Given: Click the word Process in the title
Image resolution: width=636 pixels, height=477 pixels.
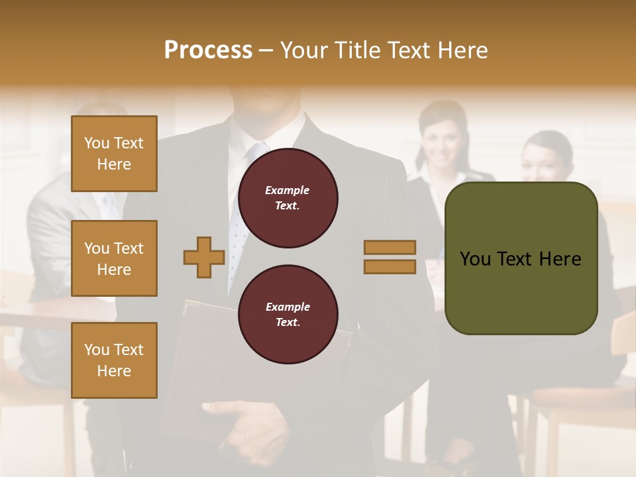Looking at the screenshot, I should click(208, 50).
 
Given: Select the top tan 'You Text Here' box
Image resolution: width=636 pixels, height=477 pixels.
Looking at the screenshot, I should click(114, 154).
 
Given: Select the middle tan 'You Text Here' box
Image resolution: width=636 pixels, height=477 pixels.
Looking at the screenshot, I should click(114, 258).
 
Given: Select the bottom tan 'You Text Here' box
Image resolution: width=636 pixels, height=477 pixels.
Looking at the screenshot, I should click(114, 360).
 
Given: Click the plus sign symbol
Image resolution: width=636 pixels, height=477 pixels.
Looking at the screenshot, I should click(204, 257).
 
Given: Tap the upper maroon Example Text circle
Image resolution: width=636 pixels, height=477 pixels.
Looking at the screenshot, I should click(288, 197).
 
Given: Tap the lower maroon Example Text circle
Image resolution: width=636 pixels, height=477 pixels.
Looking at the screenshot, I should click(288, 314).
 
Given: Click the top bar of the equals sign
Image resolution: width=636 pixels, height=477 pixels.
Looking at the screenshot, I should click(390, 247).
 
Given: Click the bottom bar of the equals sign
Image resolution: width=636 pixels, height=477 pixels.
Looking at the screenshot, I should click(390, 266).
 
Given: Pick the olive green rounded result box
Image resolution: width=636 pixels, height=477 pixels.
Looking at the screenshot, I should click(521, 258).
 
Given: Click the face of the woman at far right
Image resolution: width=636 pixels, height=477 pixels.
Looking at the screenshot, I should click(545, 159).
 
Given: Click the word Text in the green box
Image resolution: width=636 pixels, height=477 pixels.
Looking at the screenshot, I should click(522, 259).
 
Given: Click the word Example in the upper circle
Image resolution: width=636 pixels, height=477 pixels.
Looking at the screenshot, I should click(287, 190).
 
